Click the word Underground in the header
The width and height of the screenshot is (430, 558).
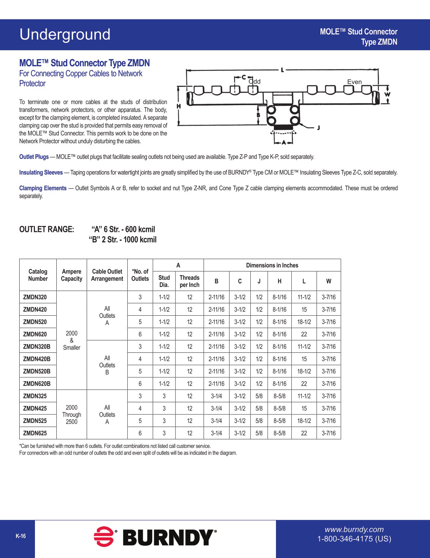pyautogui.click(x=65, y=35)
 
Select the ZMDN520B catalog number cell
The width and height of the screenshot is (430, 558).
pyautogui.click(x=37, y=371)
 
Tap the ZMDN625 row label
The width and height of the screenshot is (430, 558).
pyautogui.click(x=35, y=433)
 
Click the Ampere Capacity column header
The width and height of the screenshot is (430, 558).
pyautogui.click(x=72, y=275)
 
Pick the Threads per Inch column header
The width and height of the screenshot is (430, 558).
pyautogui.click(x=189, y=281)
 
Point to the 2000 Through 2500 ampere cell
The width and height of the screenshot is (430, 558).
pyautogui.click(x=72, y=415)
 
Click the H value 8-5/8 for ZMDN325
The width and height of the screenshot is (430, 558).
pyautogui.click(x=280, y=396)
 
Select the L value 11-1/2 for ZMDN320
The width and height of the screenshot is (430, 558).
pyautogui.click(x=304, y=297)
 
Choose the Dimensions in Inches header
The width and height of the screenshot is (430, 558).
pyautogui.click(x=272, y=265)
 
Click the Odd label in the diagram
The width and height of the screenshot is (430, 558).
pyautogui.click(x=255, y=82)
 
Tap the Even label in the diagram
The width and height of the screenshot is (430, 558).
pyautogui.click(x=354, y=82)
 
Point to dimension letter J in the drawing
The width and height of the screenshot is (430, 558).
pyautogui.click(x=318, y=128)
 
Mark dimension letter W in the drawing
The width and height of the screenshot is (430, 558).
pyautogui.click(x=388, y=94)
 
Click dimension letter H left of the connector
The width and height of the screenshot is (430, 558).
pyautogui.click(x=179, y=106)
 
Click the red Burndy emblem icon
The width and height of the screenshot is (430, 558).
pyautogui.click(x=104, y=537)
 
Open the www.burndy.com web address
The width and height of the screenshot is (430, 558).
pyautogui.click(x=354, y=529)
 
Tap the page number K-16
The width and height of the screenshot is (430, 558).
pyautogui.click(x=21, y=536)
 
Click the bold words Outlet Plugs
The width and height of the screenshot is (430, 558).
pyautogui.click(x=34, y=157)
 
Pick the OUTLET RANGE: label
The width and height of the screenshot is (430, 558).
pyautogui.click(x=47, y=229)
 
